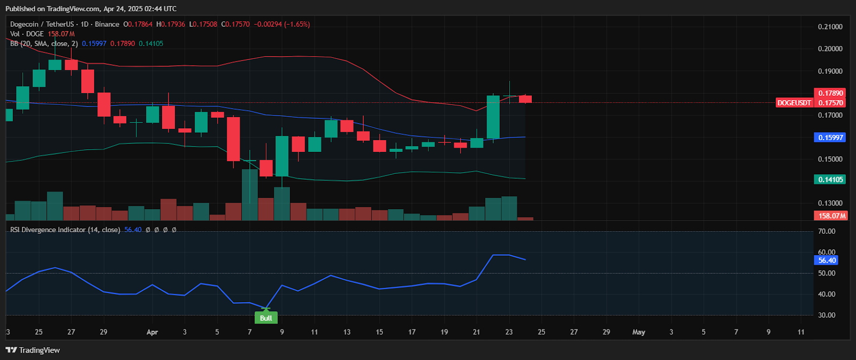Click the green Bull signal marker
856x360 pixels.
click(x=266, y=318)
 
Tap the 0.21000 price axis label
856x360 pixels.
click(x=830, y=27)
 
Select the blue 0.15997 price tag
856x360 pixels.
click(x=830, y=137)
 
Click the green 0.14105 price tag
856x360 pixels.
click(x=830, y=180)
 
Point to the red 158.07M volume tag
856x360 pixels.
click(x=831, y=216)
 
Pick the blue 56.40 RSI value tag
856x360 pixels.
click(x=827, y=261)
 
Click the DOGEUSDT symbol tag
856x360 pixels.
click(x=794, y=103)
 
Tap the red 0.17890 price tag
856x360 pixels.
click(x=830, y=93)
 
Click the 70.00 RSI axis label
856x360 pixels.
click(x=827, y=232)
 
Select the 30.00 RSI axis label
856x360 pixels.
click(x=827, y=315)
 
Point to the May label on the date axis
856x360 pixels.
click(x=638, y=332)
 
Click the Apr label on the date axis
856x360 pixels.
click(x=152, y=332)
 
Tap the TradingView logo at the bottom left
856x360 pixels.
click(x=33, y=350)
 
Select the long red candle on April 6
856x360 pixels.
click(x=233, y=139)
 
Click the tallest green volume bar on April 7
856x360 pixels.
click(x=250, y=195)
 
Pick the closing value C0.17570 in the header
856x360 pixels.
click(x=236, y=24)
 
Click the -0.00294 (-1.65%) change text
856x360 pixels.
click(x=281, y=24)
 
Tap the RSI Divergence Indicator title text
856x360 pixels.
click(x=64, y=229)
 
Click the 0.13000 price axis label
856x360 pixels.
click(x=830, y=203)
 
